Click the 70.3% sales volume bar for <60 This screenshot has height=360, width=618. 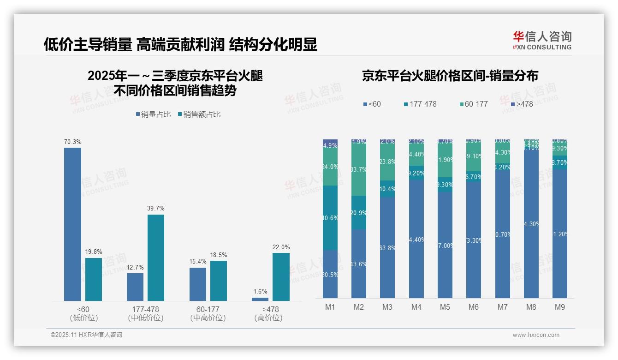tap(72, 224)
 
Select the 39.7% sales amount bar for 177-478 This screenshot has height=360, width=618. tap(156, 258)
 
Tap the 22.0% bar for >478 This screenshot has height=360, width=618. tap(281, 277)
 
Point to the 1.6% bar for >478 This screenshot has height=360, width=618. tap(260, 299)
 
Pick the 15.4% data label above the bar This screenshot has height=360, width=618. tap(198, 262)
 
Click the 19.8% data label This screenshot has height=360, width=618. tap(94, 252)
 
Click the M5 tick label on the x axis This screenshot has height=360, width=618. tap(445, 307)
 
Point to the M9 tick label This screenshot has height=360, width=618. tap(559, 307)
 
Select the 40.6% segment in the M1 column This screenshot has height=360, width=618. tap(330, 218)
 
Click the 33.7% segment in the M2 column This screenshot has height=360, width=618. tap(359, 169)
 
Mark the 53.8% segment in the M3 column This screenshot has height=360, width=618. tap(387, 247)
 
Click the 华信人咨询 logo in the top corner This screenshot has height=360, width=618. tap(542, 40)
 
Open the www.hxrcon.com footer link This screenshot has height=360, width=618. tap(536, 335)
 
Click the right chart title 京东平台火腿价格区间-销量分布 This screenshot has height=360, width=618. tap(450, 76)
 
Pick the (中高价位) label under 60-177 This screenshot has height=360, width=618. tap(208, 318)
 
